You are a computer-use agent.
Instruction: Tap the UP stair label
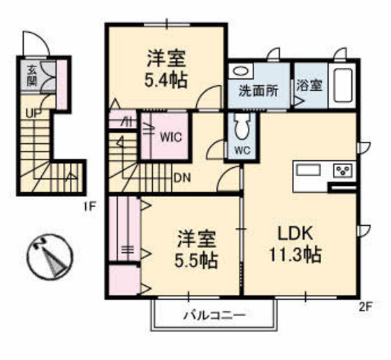click(x=32, y=112)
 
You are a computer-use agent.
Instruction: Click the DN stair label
click(x=182, y=177)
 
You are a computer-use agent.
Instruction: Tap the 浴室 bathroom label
click(x=309, y=86)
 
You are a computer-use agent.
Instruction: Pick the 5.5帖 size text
click(x=196, y=261)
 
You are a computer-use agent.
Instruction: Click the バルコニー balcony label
click(x=215, y=315)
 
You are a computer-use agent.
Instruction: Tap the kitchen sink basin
click(x=308, y=171)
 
